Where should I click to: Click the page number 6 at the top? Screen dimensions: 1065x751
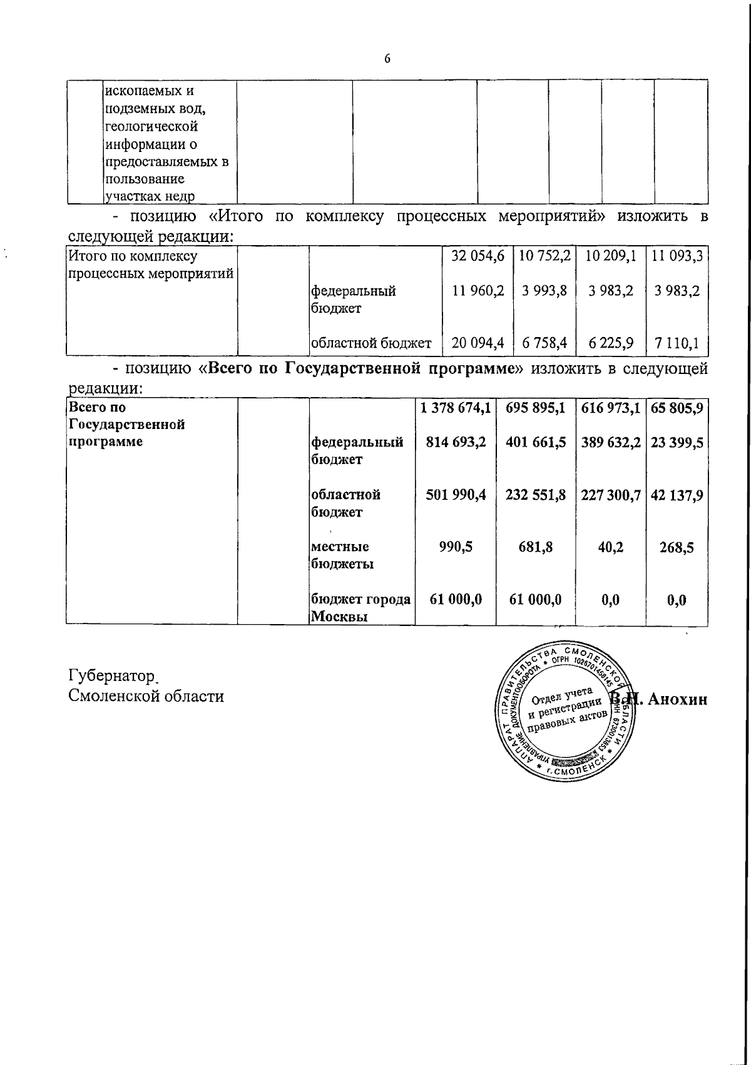pos(387,59)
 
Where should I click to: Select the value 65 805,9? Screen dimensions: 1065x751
pos(678,408)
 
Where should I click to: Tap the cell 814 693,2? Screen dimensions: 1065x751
pos(456,443)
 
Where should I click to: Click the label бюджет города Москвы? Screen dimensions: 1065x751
pos(360,608)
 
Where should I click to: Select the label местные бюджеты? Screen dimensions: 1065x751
pos(343,555)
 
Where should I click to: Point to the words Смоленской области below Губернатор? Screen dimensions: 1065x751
pos(145,696)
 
